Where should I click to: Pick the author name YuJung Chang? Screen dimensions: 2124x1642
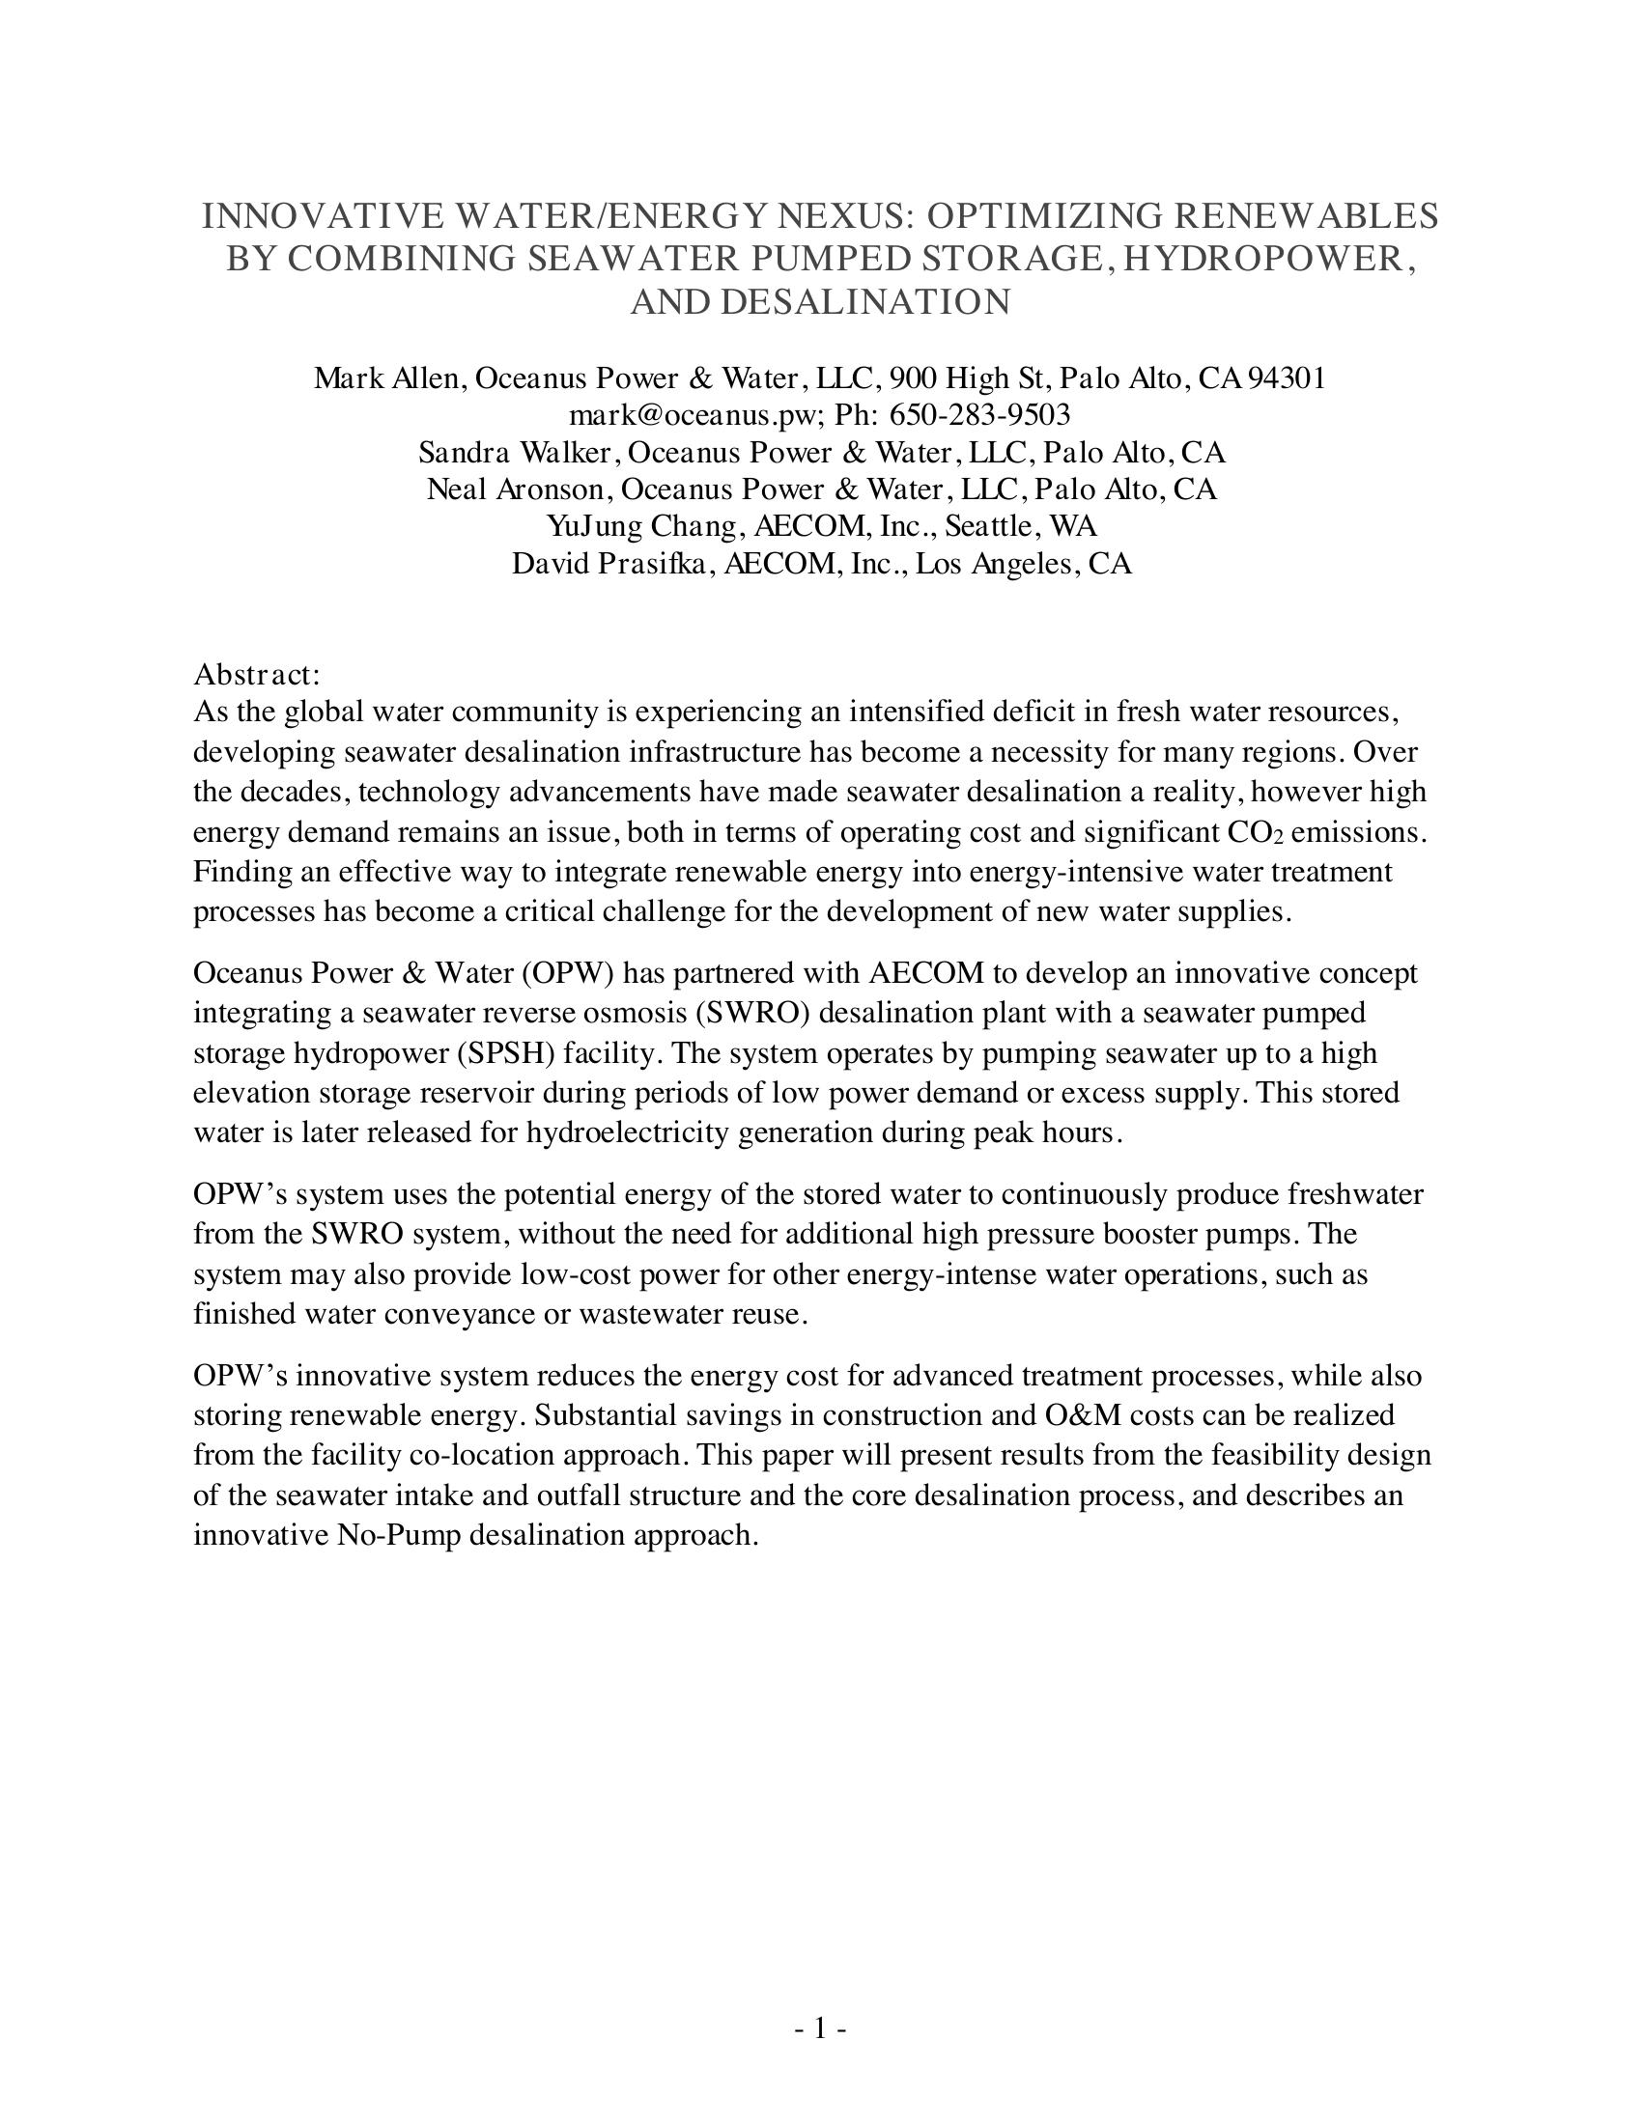[x=642, y=526]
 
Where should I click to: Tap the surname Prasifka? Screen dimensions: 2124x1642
[x=650, y=564]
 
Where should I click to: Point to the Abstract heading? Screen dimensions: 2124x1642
[x=257, y=674]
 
